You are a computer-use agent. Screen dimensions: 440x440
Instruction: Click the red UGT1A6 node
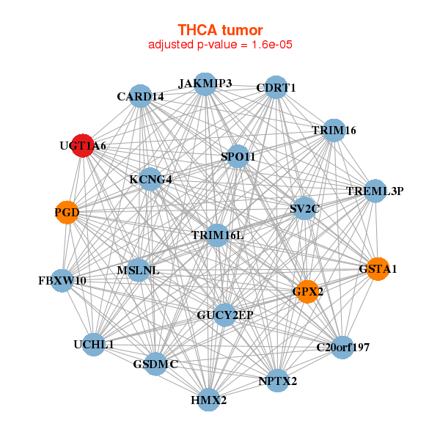point(83,145)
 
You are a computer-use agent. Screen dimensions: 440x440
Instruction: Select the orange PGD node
point(67,213)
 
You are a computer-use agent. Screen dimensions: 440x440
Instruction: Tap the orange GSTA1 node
point(377,268)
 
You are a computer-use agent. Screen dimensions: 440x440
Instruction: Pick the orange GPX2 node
point(307,291)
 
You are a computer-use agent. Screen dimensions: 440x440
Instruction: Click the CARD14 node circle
point(141,96)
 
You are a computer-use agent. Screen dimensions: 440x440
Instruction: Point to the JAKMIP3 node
point(205,84)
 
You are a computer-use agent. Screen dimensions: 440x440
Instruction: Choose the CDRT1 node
point(276,87)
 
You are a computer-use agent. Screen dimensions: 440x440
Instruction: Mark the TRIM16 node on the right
point(334,130)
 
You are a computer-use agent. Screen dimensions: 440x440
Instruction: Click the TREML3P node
point(375,191)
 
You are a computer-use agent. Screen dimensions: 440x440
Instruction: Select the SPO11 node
point(238,156)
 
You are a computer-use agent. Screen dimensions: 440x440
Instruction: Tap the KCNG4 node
point(150,179)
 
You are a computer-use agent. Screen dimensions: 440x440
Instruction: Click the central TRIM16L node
point(217,235)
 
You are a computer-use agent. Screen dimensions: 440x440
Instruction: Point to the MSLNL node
point(138,271)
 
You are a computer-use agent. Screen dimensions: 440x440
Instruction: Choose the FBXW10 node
point(62,280)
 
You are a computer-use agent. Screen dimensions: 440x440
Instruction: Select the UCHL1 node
point(93,344)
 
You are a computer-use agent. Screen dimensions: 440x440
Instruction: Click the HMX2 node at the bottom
point(209,400)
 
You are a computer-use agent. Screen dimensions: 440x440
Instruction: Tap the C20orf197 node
point(342,347)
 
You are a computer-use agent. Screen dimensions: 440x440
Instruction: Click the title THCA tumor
point(220,30)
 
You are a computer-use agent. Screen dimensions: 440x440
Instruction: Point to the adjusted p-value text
point(220,45)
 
